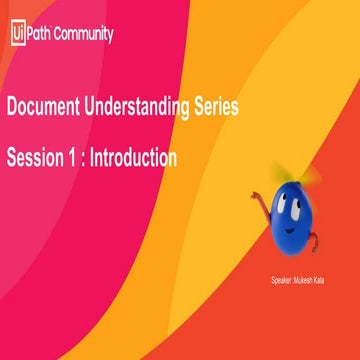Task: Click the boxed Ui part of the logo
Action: click(17, 33)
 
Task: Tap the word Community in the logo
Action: click(84, 33)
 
